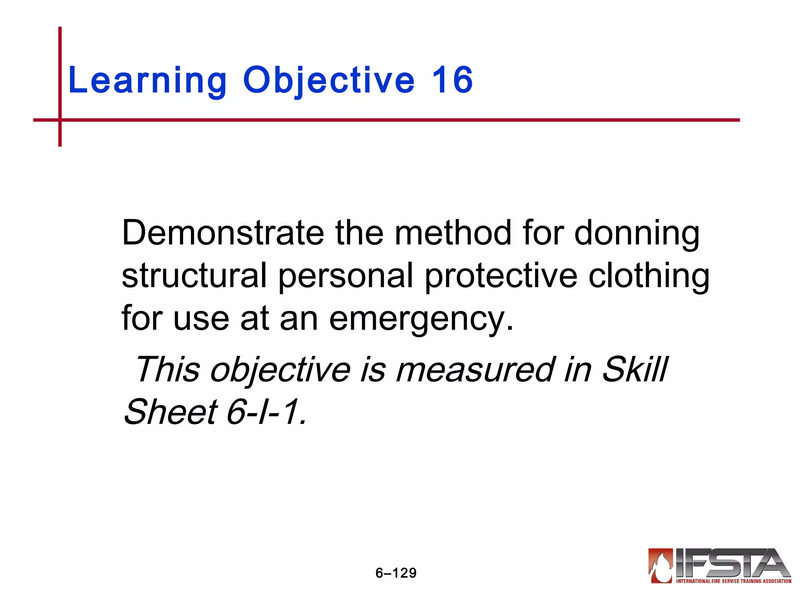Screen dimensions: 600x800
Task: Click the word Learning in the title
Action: [147, 81]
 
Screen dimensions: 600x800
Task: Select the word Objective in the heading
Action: [329, 81]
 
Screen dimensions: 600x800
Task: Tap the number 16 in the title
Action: [452, 80]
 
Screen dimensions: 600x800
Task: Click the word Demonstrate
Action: [223, 233]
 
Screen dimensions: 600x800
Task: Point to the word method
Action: [453, 233]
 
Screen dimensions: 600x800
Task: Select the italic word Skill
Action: [635, 370]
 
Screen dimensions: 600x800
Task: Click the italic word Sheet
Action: [170, 412]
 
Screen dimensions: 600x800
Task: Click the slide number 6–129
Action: [396, 573]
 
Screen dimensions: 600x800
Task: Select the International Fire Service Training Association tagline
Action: [734, 581]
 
